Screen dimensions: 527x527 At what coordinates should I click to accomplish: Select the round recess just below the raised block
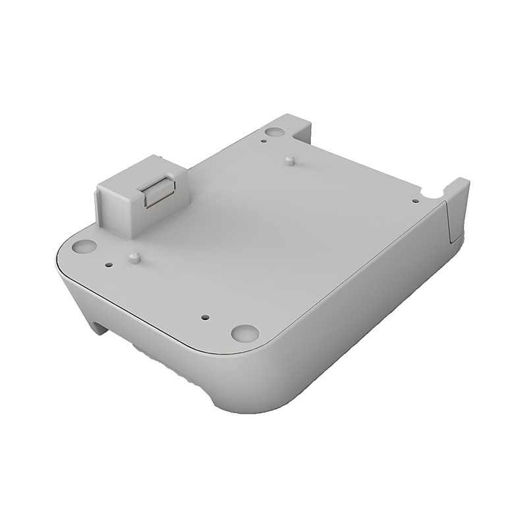[x=84, y=247]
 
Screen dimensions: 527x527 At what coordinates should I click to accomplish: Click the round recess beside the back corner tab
[x=275, y=132]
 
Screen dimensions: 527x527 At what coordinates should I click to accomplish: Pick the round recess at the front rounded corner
[x=244, y=333]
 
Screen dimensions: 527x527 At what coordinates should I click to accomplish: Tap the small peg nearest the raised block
[x=134, y=257]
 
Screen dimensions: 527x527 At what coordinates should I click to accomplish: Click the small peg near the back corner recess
[x=290, y=160]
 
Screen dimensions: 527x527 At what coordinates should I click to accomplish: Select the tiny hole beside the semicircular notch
[x=415, y=201]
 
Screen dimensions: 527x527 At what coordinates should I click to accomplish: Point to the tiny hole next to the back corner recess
[x=263, y=140]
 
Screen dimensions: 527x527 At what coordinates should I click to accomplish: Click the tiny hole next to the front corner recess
[x=205, y=317]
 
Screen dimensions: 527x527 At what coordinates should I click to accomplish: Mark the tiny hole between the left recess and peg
[x=109, y=265]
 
